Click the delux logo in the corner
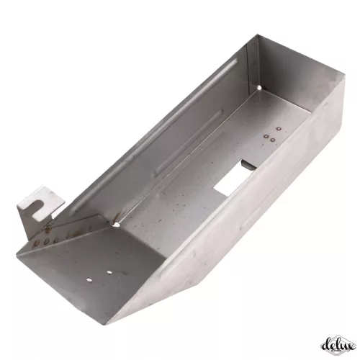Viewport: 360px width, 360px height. point(338,345)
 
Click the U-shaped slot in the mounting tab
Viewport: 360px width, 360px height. point(38,207)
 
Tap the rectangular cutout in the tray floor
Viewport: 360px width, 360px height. point(230,177)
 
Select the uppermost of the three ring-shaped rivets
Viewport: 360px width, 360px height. point(279,129)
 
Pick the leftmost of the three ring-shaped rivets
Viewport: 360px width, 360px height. point(266,136)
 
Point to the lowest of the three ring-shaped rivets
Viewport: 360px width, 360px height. point(272,140)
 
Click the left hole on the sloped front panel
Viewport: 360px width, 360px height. point(89,280)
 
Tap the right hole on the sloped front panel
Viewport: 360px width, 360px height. point(109,272)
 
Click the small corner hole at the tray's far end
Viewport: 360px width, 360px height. point(259,88)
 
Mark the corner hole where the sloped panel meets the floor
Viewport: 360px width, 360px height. point(117,225)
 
